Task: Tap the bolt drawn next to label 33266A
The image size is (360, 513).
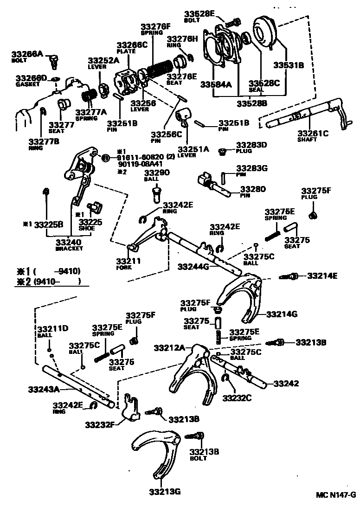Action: pos(54,59)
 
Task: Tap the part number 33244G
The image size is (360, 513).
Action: pos(194,267)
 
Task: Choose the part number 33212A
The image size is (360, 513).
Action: pos(169,347)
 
